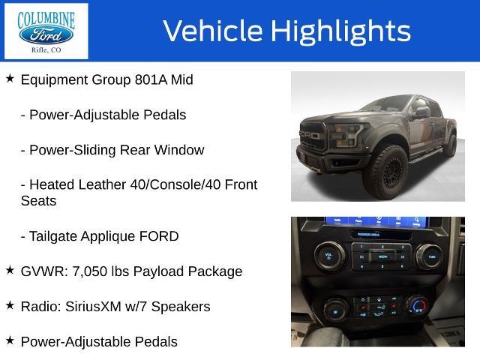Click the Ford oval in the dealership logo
46,35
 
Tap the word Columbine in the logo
46,19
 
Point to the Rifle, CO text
46,50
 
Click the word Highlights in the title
340,31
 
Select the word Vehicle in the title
213,31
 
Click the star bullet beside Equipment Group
10,78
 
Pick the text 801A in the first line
151,80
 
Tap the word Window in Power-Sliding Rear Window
179,150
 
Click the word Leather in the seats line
102,184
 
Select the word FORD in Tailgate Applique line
159,236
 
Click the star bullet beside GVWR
10,270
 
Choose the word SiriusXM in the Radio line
93,307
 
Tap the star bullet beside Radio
10,305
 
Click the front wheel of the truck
387,173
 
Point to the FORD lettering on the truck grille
310,135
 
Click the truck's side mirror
421,112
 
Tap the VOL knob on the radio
329,256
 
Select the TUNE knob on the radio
430,256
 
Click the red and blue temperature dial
418,304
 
